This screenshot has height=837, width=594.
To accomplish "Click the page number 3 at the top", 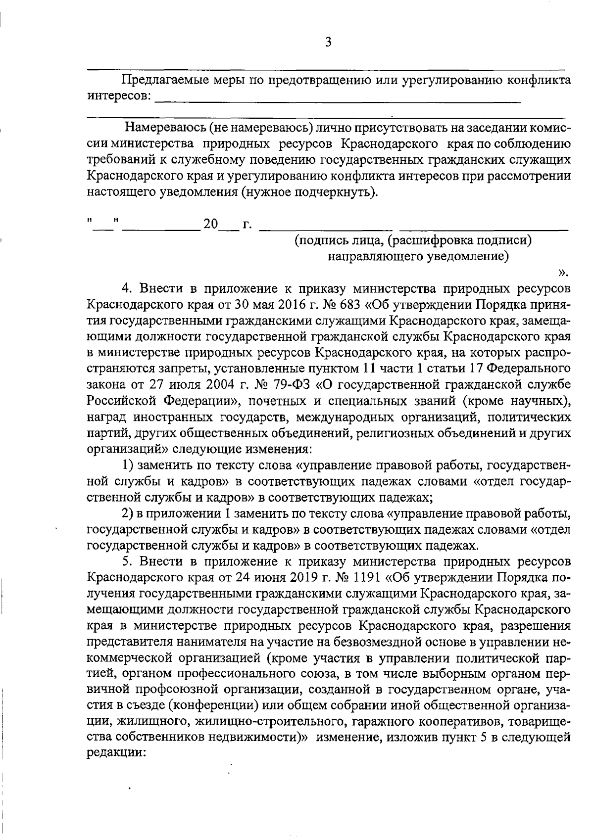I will coord(328,42).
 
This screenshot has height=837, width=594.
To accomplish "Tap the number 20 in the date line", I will coord(210,225).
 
